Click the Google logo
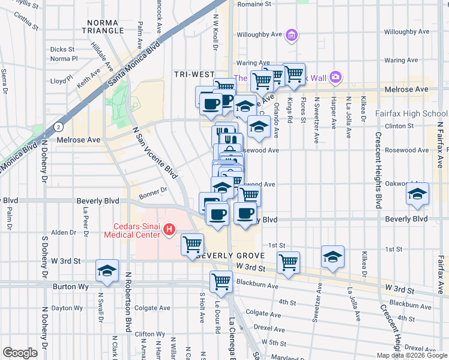point(20,353)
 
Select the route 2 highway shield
point(58,127)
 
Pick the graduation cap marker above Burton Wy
point(107,271)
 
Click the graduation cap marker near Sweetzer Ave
point(333,257)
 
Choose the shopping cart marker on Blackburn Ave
point(221,281)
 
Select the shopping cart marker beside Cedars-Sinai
point(192,244)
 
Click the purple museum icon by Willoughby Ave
point(291,36)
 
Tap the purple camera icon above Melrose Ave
point(335,77)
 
